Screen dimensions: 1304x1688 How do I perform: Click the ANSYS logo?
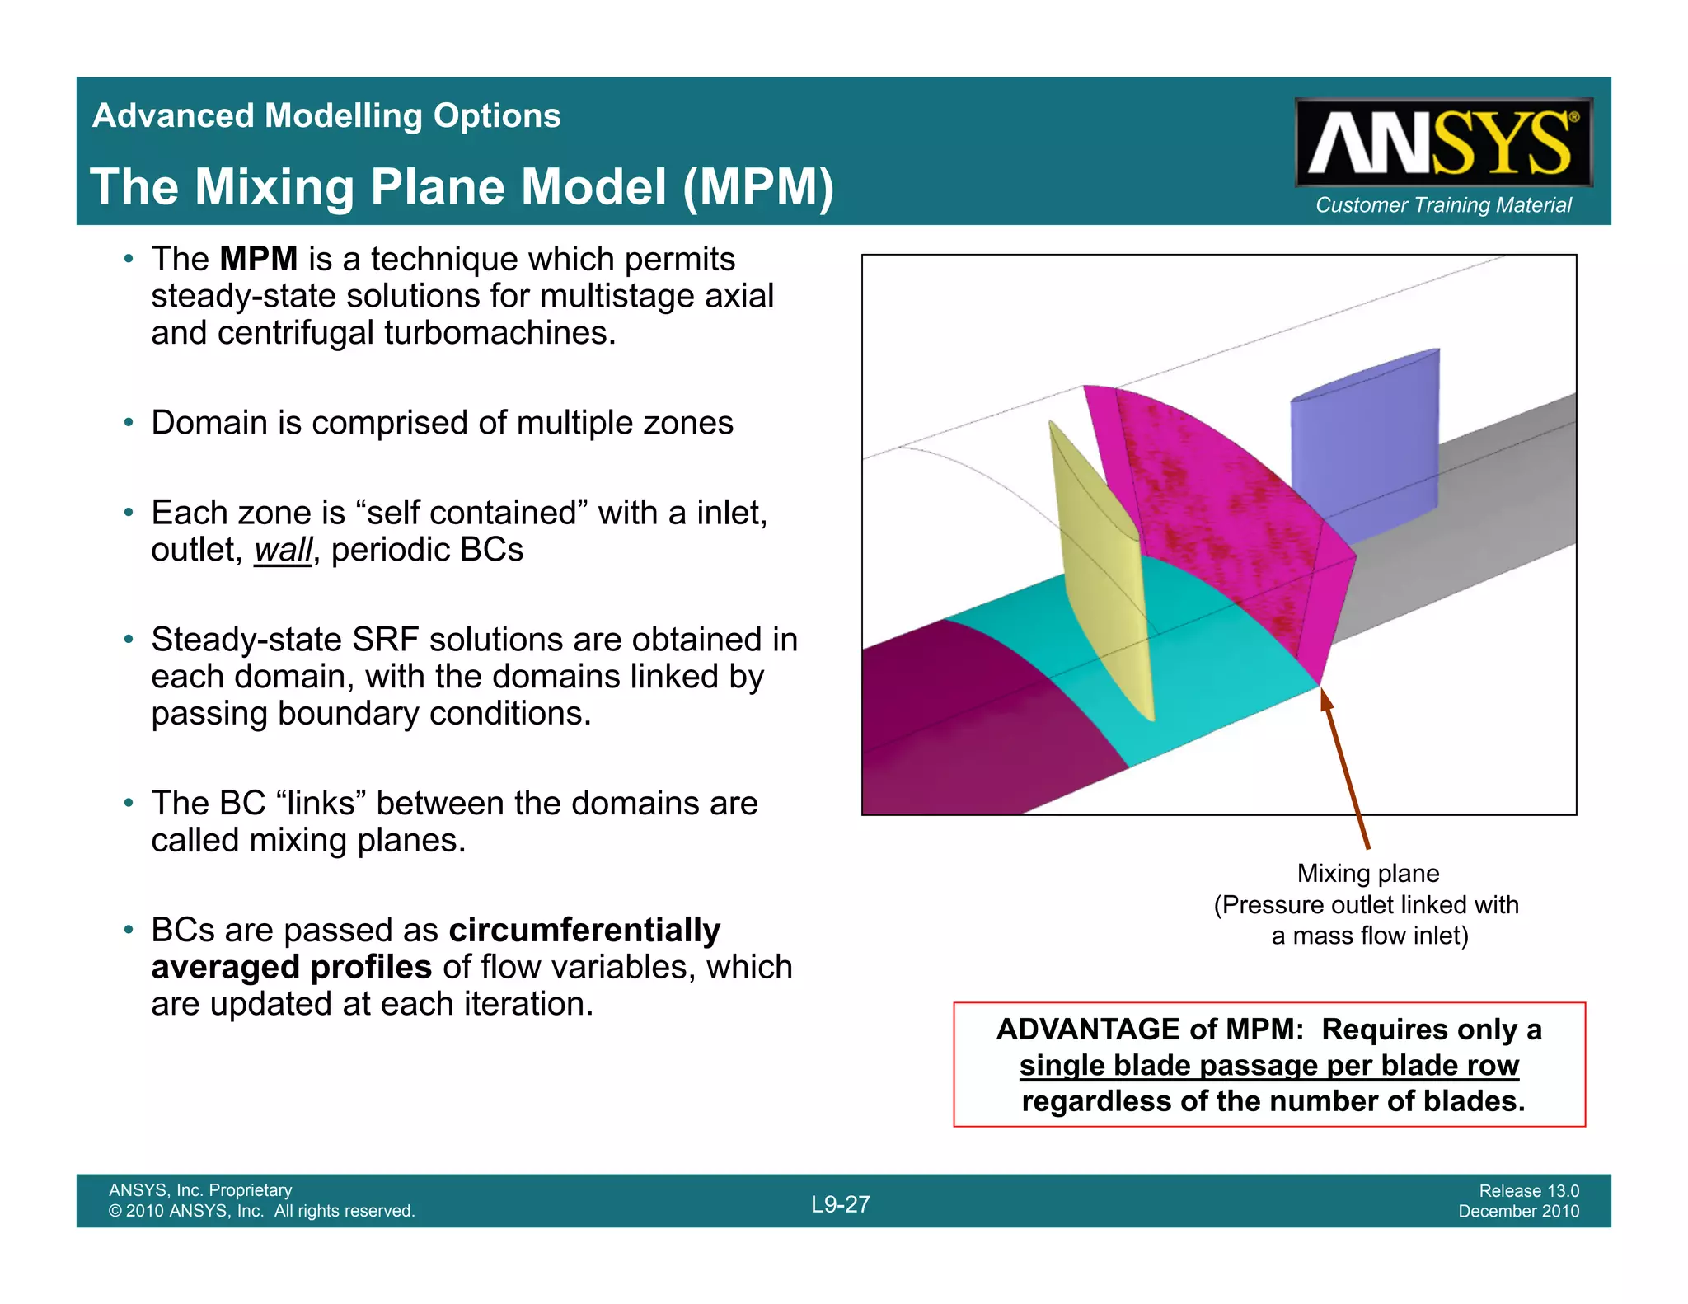coord(1442,143)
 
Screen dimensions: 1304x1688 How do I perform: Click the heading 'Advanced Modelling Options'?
coord(326,115)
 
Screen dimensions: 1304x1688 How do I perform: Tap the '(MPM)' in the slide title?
coord(758,187)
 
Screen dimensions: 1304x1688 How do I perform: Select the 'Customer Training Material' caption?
coord(1442,205)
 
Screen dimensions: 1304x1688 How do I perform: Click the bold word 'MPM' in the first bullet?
coord(258,260)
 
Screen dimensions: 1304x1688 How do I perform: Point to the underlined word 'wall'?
coord(283,551)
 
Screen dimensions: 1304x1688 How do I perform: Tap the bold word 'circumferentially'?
coord(584,931)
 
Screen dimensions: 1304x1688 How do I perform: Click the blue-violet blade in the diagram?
coord(1364,445)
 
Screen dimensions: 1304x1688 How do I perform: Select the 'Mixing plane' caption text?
coord(1367,874)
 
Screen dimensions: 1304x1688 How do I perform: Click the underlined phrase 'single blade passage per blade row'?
coord(1268,1066)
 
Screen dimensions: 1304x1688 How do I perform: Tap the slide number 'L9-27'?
coord(840,1204)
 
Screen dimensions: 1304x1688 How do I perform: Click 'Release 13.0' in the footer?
coord(1528,1191)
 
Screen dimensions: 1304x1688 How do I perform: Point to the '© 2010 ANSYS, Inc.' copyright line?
coord(261,1212)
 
